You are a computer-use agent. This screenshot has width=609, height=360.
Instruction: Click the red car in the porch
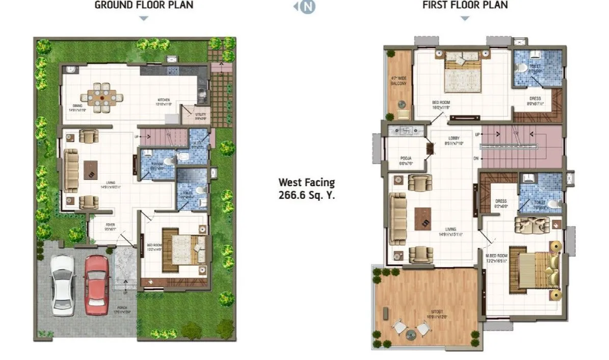point(96,285)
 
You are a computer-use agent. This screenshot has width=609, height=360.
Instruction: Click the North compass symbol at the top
point(306,7)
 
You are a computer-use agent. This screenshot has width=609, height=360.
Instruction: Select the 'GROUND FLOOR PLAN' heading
point(144,6)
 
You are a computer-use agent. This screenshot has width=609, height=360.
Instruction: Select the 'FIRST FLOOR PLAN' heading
point(465,6)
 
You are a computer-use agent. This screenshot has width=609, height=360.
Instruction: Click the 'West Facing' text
point(306,182)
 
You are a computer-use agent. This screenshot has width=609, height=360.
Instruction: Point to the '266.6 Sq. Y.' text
point(306,194)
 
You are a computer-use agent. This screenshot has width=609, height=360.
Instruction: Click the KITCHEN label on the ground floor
point(163,100)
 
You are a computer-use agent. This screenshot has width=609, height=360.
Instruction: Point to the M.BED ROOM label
point(497,257)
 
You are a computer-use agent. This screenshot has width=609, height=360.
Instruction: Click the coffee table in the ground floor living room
point(91,169)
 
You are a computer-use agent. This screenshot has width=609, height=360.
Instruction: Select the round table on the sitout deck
point(411,335)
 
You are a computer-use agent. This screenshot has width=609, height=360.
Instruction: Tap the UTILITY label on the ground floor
point(200,116)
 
